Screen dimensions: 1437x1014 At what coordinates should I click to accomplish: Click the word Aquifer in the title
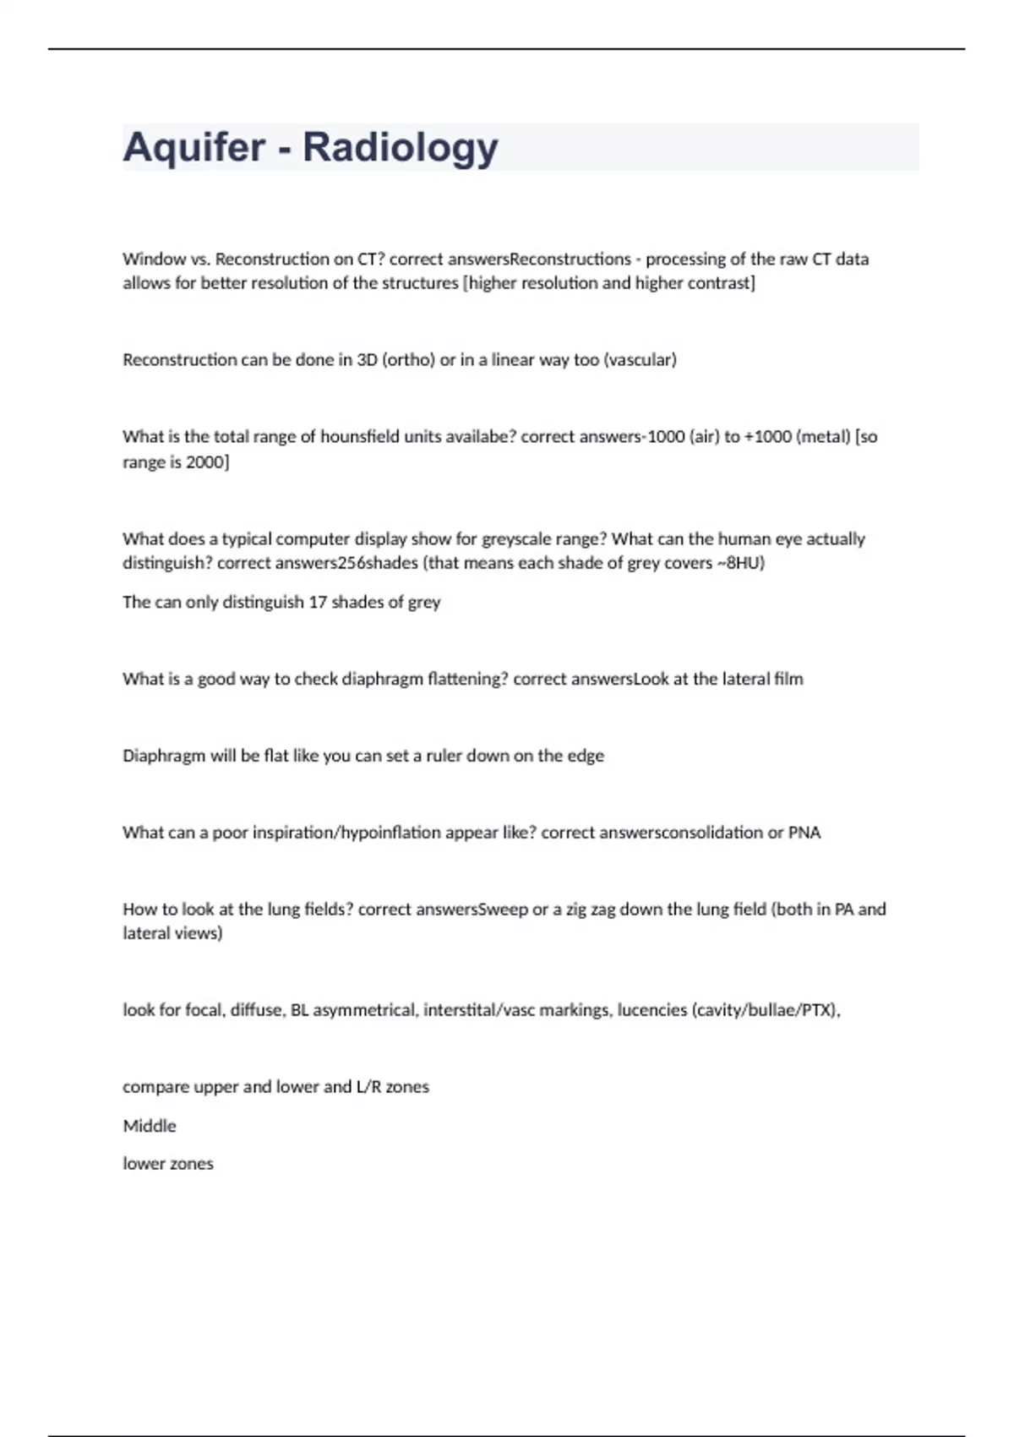tap(194, 147)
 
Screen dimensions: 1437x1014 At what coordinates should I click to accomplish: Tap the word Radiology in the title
tap(401, 147)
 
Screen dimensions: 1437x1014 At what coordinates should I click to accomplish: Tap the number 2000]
tap(207, 462)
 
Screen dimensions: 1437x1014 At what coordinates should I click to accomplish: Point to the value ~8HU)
tap(741, 563)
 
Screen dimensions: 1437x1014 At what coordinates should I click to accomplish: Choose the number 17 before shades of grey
tap(317, 603)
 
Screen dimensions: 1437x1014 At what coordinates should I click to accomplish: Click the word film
tap(788, 679)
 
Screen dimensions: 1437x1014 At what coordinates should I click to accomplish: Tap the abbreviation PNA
tap(804, 833)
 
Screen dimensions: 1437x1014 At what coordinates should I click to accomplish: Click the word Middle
tap(150, 1126)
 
